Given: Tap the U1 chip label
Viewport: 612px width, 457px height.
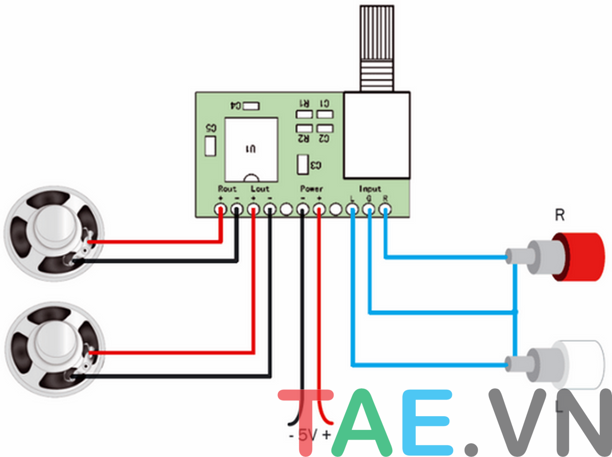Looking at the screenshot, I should pos(250,149).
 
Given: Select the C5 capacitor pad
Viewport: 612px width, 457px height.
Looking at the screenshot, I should pos(210,146).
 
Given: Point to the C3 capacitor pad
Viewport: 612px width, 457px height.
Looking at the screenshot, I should pos(302,165).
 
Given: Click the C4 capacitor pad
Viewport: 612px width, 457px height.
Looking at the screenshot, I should pos(251,106).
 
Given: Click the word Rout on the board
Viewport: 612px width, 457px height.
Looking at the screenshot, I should pos(227,189).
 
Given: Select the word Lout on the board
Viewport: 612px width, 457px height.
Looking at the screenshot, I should pos(260,189).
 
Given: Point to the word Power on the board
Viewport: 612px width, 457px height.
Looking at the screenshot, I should pos(311,189).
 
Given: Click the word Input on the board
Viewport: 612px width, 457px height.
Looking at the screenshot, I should pos(370,189).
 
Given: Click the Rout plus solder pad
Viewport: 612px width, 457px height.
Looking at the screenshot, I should pos(220,209).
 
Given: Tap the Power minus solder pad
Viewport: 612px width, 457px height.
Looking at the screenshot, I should pos(303,209).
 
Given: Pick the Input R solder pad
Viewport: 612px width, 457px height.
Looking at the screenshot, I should pos(386,209).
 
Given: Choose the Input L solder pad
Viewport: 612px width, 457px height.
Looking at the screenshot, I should pos(352,209).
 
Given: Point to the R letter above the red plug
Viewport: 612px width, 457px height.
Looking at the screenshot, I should pos(559,216).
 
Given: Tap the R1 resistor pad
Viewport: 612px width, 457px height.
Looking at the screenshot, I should pos(304,114).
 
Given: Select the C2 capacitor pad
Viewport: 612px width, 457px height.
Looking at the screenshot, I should pos(324,128).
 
